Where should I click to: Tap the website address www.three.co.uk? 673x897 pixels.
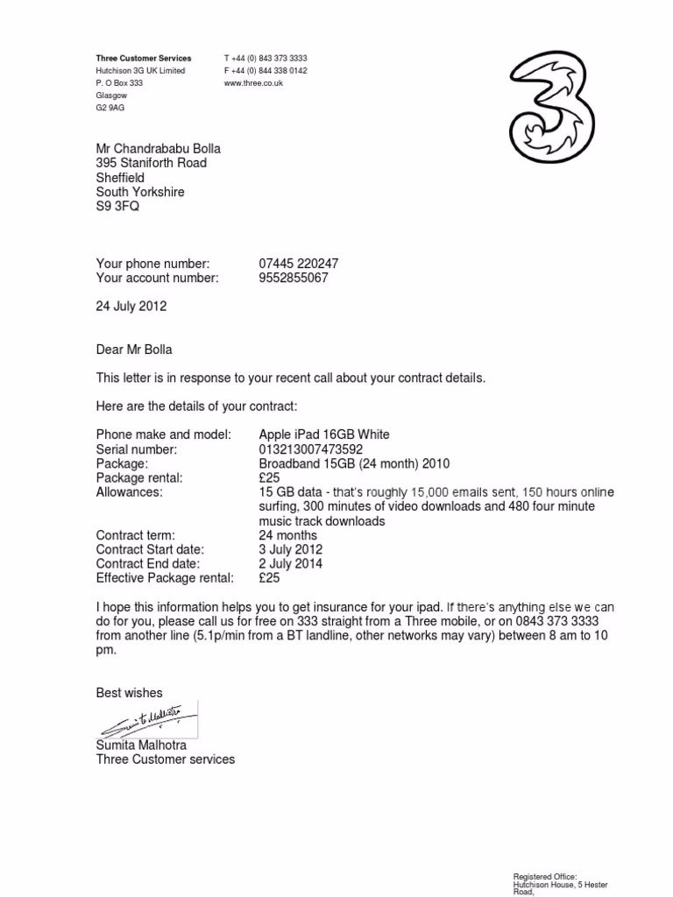coord(254,83)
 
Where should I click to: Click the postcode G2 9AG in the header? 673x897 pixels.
coord(110,108)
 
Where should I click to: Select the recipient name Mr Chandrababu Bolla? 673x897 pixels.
coord(159,149)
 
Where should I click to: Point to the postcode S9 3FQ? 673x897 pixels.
coord(117,206)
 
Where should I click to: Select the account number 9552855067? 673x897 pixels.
coord(294,278)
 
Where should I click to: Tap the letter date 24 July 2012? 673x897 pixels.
coord(131,307)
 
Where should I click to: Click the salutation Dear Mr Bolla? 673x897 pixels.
coord(134,350)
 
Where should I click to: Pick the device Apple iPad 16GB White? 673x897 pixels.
coord(324,434)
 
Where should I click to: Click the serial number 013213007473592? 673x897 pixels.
coord(310,449)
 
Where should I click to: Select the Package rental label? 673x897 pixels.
coord(139,477)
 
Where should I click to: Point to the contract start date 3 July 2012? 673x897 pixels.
coord(291,549)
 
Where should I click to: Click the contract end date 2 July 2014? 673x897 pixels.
coord(291,563)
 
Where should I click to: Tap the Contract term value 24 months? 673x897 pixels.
coord(288,535)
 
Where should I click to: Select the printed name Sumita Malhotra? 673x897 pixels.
coord(141,745)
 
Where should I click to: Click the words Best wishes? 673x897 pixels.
coord(130,693)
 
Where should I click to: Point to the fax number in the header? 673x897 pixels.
coord(266,71)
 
